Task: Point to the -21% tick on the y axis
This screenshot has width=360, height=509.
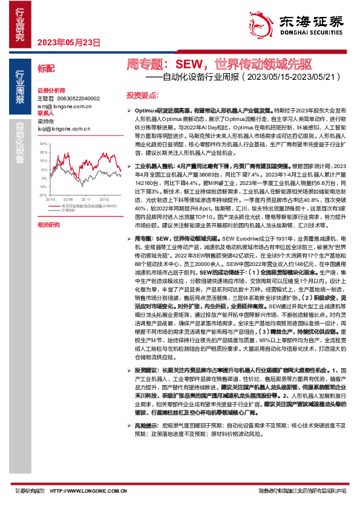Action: pos(43,195)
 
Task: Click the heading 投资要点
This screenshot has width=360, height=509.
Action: pos(142,96)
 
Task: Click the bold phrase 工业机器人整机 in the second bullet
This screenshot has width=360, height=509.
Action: pos(152,165)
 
